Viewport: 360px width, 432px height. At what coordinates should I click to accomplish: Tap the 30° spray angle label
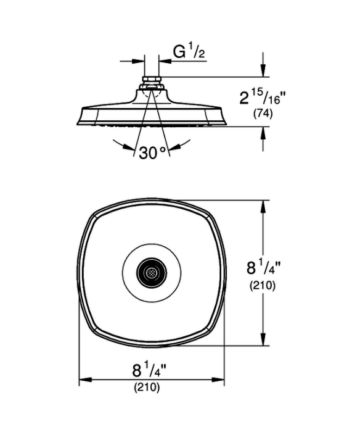coord(153,152)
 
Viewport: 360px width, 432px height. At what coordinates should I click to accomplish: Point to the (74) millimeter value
coord(263,114)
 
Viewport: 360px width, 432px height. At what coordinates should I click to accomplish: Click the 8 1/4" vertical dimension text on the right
coord(263,267)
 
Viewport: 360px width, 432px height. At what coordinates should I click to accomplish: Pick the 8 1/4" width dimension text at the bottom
coord(149,370)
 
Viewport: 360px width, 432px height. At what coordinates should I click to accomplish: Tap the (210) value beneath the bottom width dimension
coord(147,388)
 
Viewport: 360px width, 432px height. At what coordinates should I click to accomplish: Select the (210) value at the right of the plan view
coord(262,285)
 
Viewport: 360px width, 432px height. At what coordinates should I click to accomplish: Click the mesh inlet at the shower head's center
coord(152,273)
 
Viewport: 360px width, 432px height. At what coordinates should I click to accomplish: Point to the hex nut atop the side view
coord(152,80)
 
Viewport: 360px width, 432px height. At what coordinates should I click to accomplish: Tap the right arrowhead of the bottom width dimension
coord(218,380)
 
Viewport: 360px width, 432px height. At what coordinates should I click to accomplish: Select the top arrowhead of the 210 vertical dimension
coord(263,206)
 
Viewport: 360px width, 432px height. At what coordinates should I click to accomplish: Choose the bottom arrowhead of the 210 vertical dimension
coord(263,339)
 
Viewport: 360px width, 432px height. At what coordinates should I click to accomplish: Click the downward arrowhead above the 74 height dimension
coord(263,70)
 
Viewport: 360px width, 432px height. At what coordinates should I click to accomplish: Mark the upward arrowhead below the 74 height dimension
coord(263,133)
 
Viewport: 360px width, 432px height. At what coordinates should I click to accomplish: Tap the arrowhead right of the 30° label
coord(174,147)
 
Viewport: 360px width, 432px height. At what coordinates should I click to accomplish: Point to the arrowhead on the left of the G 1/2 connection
coord(138,61)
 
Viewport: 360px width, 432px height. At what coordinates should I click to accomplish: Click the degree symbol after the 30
coord(163,149)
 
